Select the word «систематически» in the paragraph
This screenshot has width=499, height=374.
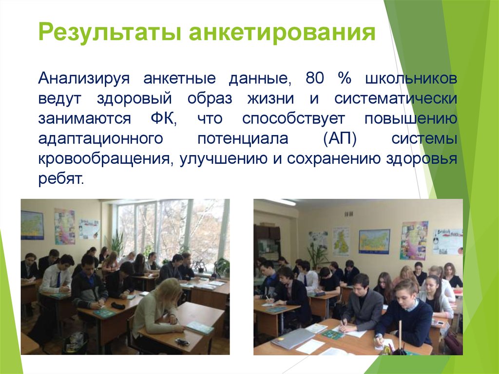(395, 98)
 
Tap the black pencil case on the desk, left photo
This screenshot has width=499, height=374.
(118, 305)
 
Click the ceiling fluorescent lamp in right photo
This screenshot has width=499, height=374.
(281, 202)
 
